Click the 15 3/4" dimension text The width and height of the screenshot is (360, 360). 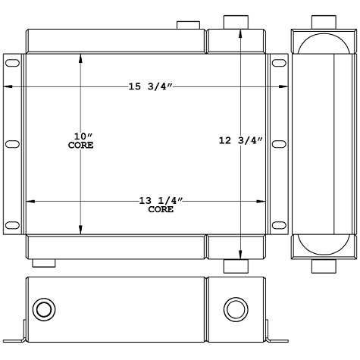pos(151,87)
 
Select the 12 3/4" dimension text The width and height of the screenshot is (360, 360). pos(239,140)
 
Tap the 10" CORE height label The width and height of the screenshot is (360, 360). pos(80,140)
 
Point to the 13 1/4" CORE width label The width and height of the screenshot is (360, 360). pos(160,204)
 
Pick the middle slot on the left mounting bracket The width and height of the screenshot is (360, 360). pos(13,144)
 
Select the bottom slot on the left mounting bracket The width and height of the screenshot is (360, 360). pos(13,224)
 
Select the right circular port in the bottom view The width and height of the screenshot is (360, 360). pos(234,310)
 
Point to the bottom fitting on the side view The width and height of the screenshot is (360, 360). pos(324,265)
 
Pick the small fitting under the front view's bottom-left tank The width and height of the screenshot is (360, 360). pos(45,263)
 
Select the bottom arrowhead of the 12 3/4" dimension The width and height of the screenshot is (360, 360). pos(240,255)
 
